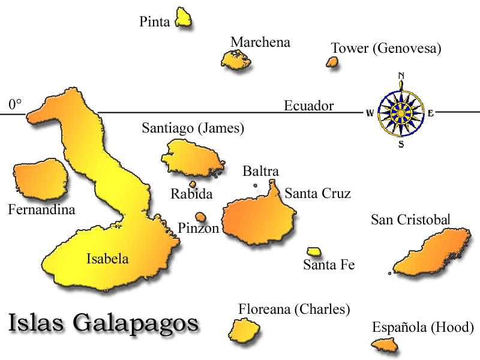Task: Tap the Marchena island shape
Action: click(235, 59)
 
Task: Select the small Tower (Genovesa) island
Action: click(332, 61)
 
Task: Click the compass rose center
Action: click(401, 112)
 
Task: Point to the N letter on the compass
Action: click(401, 76)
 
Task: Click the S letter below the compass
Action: click(401, 144)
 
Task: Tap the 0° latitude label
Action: click(15, 105)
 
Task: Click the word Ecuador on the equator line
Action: click(308, 106)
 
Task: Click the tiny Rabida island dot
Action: click(193, 185)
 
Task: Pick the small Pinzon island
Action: click(200, 217)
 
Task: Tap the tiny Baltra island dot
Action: click(255, 185)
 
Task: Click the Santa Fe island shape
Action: click(314, 252)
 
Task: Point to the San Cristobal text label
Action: click(410, 220)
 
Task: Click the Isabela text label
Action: click(107, 259)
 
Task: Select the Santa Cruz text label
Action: click(317, 193)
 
